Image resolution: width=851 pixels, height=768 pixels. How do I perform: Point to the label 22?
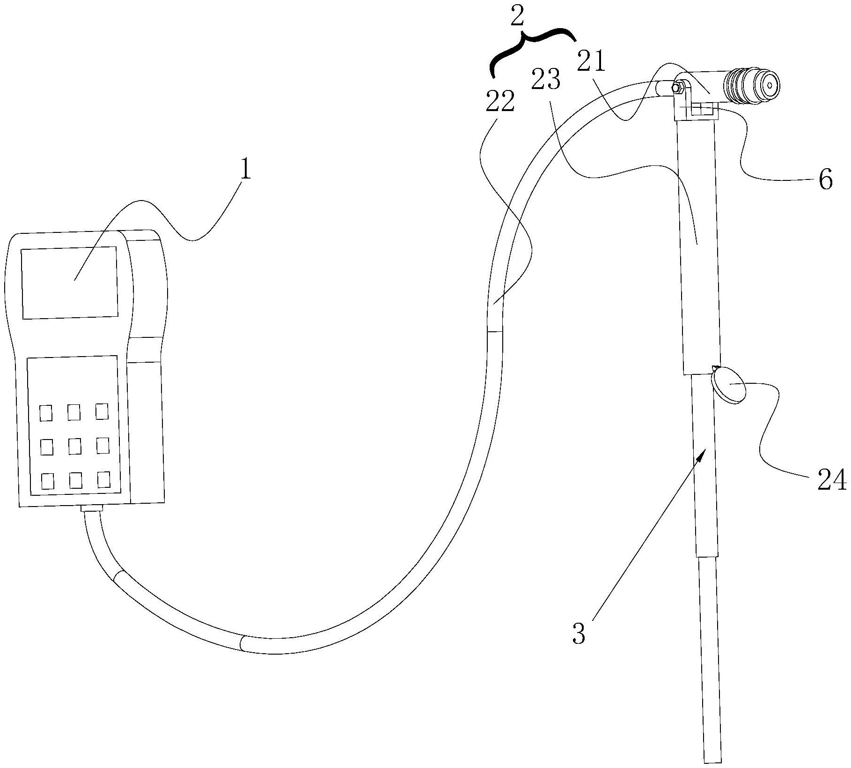[x=500, y=102]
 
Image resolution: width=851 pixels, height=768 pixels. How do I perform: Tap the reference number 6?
[x=826, y=179]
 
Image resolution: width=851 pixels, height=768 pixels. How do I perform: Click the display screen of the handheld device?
[x=69, y=283]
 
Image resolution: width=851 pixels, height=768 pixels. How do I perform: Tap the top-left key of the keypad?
[x=46, y=413]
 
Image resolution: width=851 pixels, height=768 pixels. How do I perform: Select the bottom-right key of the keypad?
[x=103, y=479]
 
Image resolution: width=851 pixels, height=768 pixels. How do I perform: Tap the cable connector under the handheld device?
[x=92, y=508]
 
